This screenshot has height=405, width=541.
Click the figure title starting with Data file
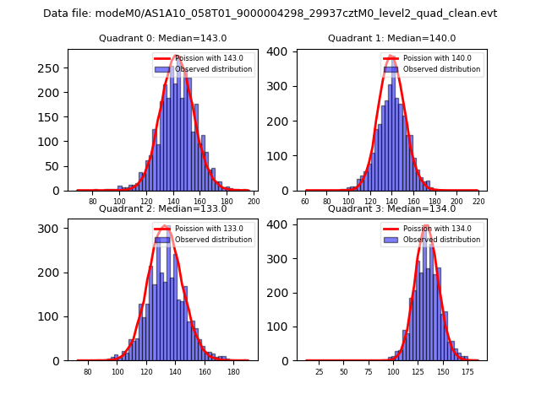coord(270,13)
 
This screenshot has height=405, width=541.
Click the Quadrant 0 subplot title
coord(162,38)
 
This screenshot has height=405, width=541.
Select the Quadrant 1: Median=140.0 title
coord(391,38)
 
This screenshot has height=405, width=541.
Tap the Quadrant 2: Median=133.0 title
coord(162,208)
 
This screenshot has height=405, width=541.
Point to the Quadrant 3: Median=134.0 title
coord(391,208)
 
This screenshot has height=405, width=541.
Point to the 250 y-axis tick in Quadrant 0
coord(54,67)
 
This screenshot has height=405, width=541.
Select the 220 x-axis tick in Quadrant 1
coord(479,202)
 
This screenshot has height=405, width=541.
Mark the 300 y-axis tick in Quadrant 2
coord(54,229)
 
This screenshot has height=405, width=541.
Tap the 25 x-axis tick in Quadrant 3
coord(320,371)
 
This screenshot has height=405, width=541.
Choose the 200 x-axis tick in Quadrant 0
coord(254,202)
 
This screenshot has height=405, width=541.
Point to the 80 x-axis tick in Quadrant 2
coord(88,371)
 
